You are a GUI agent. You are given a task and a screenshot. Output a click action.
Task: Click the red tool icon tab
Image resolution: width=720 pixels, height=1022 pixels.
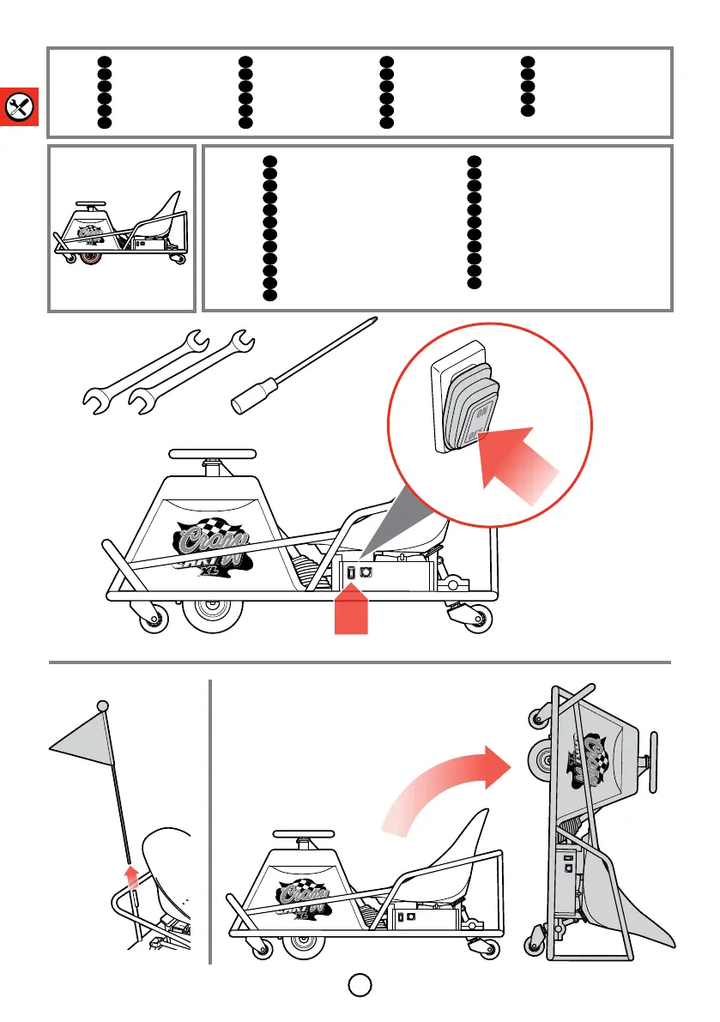18,106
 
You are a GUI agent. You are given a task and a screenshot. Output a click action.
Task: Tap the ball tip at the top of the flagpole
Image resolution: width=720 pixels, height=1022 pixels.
103,705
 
